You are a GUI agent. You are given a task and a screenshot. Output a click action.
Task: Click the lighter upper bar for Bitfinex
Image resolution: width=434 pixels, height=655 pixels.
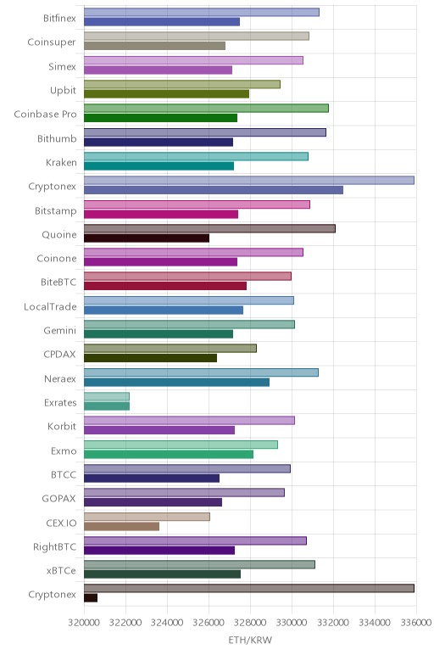(202, 12)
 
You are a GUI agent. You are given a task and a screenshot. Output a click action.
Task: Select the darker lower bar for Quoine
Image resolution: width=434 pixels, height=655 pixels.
(147, 238)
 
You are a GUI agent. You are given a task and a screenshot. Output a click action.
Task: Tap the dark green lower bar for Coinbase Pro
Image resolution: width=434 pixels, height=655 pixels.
(161, 118)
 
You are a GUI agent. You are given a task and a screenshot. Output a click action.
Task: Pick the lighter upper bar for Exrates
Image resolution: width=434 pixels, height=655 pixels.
(107, 396)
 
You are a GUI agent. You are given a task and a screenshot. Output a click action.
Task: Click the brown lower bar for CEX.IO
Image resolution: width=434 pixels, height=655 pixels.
(121, 526)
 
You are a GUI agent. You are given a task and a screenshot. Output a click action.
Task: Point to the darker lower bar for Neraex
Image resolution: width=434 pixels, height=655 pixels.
(176, 382)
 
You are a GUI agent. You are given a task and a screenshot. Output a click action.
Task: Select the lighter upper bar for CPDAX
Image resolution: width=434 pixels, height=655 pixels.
(170, 349)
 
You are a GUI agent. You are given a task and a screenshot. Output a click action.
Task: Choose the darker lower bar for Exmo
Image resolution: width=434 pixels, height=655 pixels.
(169, 454)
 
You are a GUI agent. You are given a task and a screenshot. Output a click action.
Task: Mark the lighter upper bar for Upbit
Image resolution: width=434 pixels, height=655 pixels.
(182, 84)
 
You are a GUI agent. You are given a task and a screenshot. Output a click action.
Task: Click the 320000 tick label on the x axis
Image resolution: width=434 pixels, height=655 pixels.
(84, 623)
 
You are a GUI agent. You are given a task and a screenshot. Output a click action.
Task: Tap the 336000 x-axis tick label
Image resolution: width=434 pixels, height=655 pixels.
(416, 623)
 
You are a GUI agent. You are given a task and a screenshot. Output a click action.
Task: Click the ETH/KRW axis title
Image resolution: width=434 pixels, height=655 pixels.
(250, 640)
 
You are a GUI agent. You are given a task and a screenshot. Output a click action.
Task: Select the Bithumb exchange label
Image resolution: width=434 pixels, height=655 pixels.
(57, 138)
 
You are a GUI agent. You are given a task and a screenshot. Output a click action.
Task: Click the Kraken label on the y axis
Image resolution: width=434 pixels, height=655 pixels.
(61, 163)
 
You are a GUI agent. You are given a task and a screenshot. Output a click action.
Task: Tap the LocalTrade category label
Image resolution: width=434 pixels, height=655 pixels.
(50, 307)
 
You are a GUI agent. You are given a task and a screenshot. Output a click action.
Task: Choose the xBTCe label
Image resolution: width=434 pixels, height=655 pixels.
(61, 571)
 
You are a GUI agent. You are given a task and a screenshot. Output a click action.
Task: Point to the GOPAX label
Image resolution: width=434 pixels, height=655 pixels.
(58, 499)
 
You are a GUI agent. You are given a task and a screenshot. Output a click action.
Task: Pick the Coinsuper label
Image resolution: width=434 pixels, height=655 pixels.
(52, 42)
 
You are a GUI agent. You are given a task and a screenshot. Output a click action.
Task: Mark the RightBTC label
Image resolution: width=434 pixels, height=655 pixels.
(54, 547)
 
